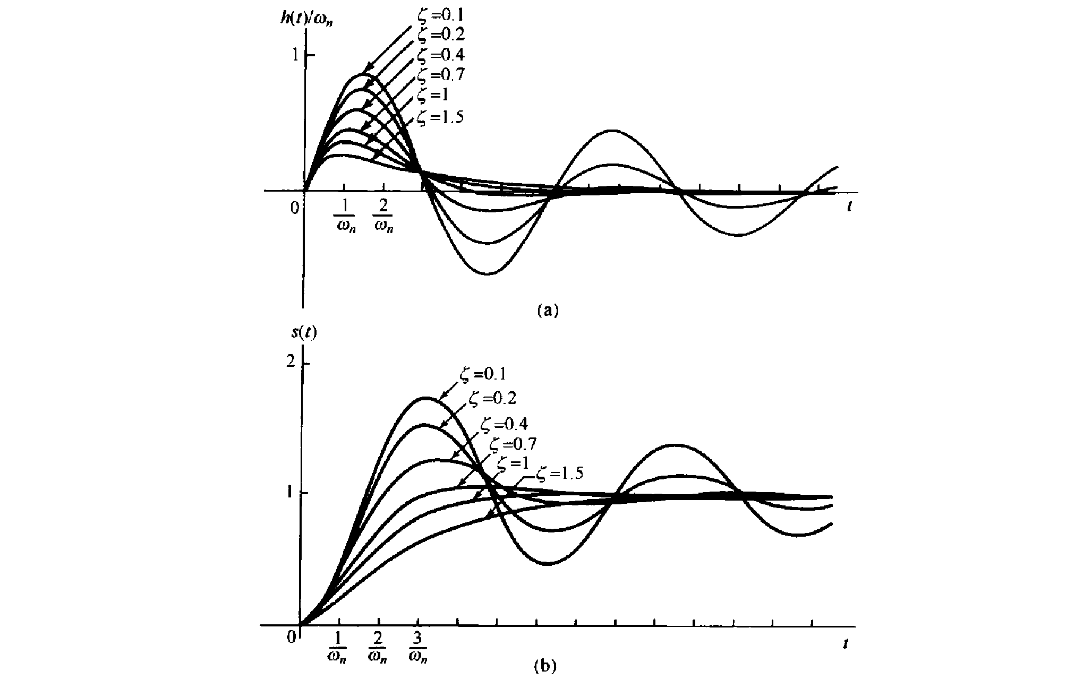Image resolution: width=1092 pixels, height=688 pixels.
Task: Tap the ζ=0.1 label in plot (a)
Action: pos(440,15)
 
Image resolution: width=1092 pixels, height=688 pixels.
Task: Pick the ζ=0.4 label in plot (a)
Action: pos(440,55)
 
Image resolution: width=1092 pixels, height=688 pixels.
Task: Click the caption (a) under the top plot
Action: pos(548,310)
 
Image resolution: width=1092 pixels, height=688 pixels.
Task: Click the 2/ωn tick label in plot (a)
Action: pos(383,218)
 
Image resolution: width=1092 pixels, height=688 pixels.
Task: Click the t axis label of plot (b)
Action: pos(844,644)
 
